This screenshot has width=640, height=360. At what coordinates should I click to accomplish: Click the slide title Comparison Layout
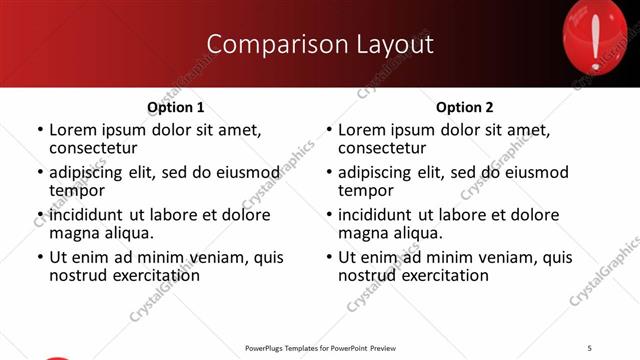click(320, 44)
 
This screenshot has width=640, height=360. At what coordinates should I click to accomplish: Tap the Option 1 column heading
click(176, 107)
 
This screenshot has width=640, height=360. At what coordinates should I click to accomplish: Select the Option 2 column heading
click(465, 107)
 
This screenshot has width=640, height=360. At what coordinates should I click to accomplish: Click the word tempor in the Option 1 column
click(77, 190)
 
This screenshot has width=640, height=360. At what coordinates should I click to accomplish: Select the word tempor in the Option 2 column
click(366, 190)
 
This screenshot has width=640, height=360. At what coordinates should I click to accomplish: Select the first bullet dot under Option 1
click(40, 130)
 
